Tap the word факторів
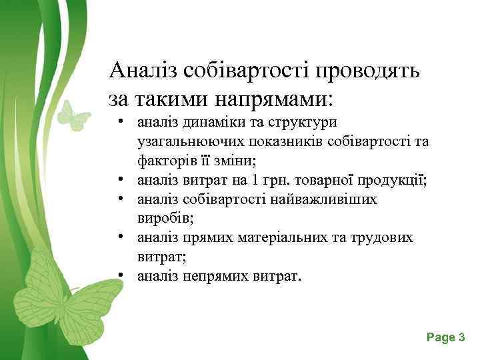click(x=164, y=161)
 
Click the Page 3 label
click(x=445, y=338)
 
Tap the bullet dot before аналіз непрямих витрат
click(x=124, y=275)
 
